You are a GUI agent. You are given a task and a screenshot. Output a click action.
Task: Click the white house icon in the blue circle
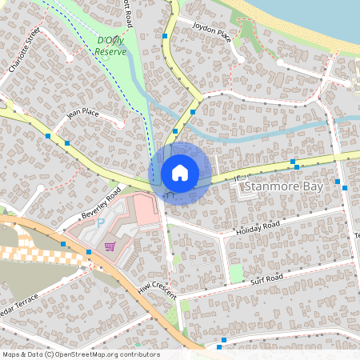[180, 173]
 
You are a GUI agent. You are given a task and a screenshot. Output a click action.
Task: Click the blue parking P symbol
[100, 223]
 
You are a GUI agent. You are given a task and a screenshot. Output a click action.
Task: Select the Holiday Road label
[257, 230]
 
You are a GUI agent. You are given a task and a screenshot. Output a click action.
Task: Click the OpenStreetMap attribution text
[80, 354]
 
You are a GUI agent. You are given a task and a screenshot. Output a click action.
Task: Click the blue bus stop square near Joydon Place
[165, 36]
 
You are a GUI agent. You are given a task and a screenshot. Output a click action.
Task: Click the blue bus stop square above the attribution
[222, 340]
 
